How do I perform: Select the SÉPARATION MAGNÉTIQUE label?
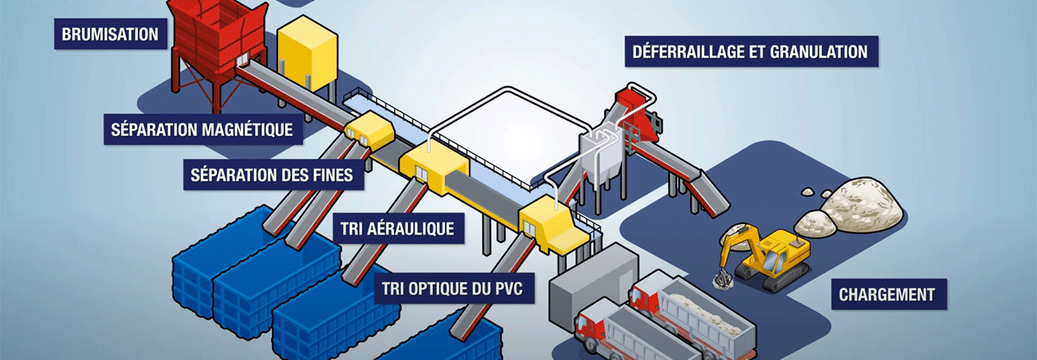[x=202, y=130]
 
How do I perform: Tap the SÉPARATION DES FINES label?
[x=273, y=175]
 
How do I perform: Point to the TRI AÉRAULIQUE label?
[x=397, y=229]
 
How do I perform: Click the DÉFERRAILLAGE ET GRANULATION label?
[x=750, y=52]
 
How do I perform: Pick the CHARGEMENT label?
[x=886, y=294]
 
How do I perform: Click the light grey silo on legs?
[x=601, y=155]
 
